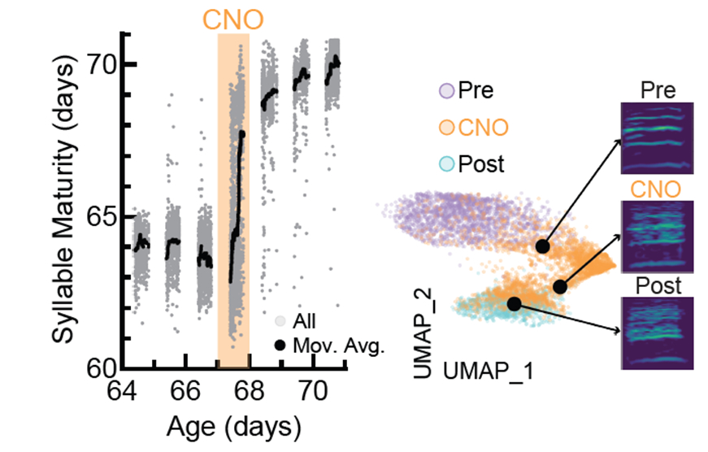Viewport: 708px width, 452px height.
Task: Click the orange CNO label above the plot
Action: (x=232, y=18)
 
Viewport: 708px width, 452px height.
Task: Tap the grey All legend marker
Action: (x=280, y=323)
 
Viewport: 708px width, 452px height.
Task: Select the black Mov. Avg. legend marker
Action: (x=280, y=345)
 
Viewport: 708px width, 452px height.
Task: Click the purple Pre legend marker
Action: (x=446, y=90)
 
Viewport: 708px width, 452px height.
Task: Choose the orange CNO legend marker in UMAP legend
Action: (x=446, y=127)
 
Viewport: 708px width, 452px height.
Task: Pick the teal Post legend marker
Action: (x=446, y=163)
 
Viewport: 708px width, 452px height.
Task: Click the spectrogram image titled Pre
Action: (x=656, y=138)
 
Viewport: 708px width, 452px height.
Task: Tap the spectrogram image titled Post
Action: (x=656, y=332)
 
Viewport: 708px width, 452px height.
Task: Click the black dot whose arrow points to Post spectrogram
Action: (x=514, y=303)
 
